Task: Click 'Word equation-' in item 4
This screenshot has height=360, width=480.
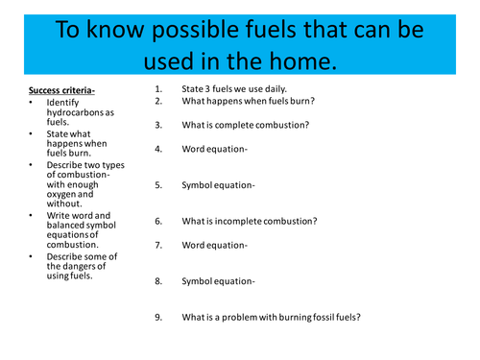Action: pos(214,149)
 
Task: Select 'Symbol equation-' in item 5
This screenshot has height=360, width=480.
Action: pos(218,185)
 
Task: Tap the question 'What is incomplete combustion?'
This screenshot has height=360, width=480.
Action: pos(249,221)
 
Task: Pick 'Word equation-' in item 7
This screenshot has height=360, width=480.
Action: pos(214,245)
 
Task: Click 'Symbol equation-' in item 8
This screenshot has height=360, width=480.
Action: pos(218,281)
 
